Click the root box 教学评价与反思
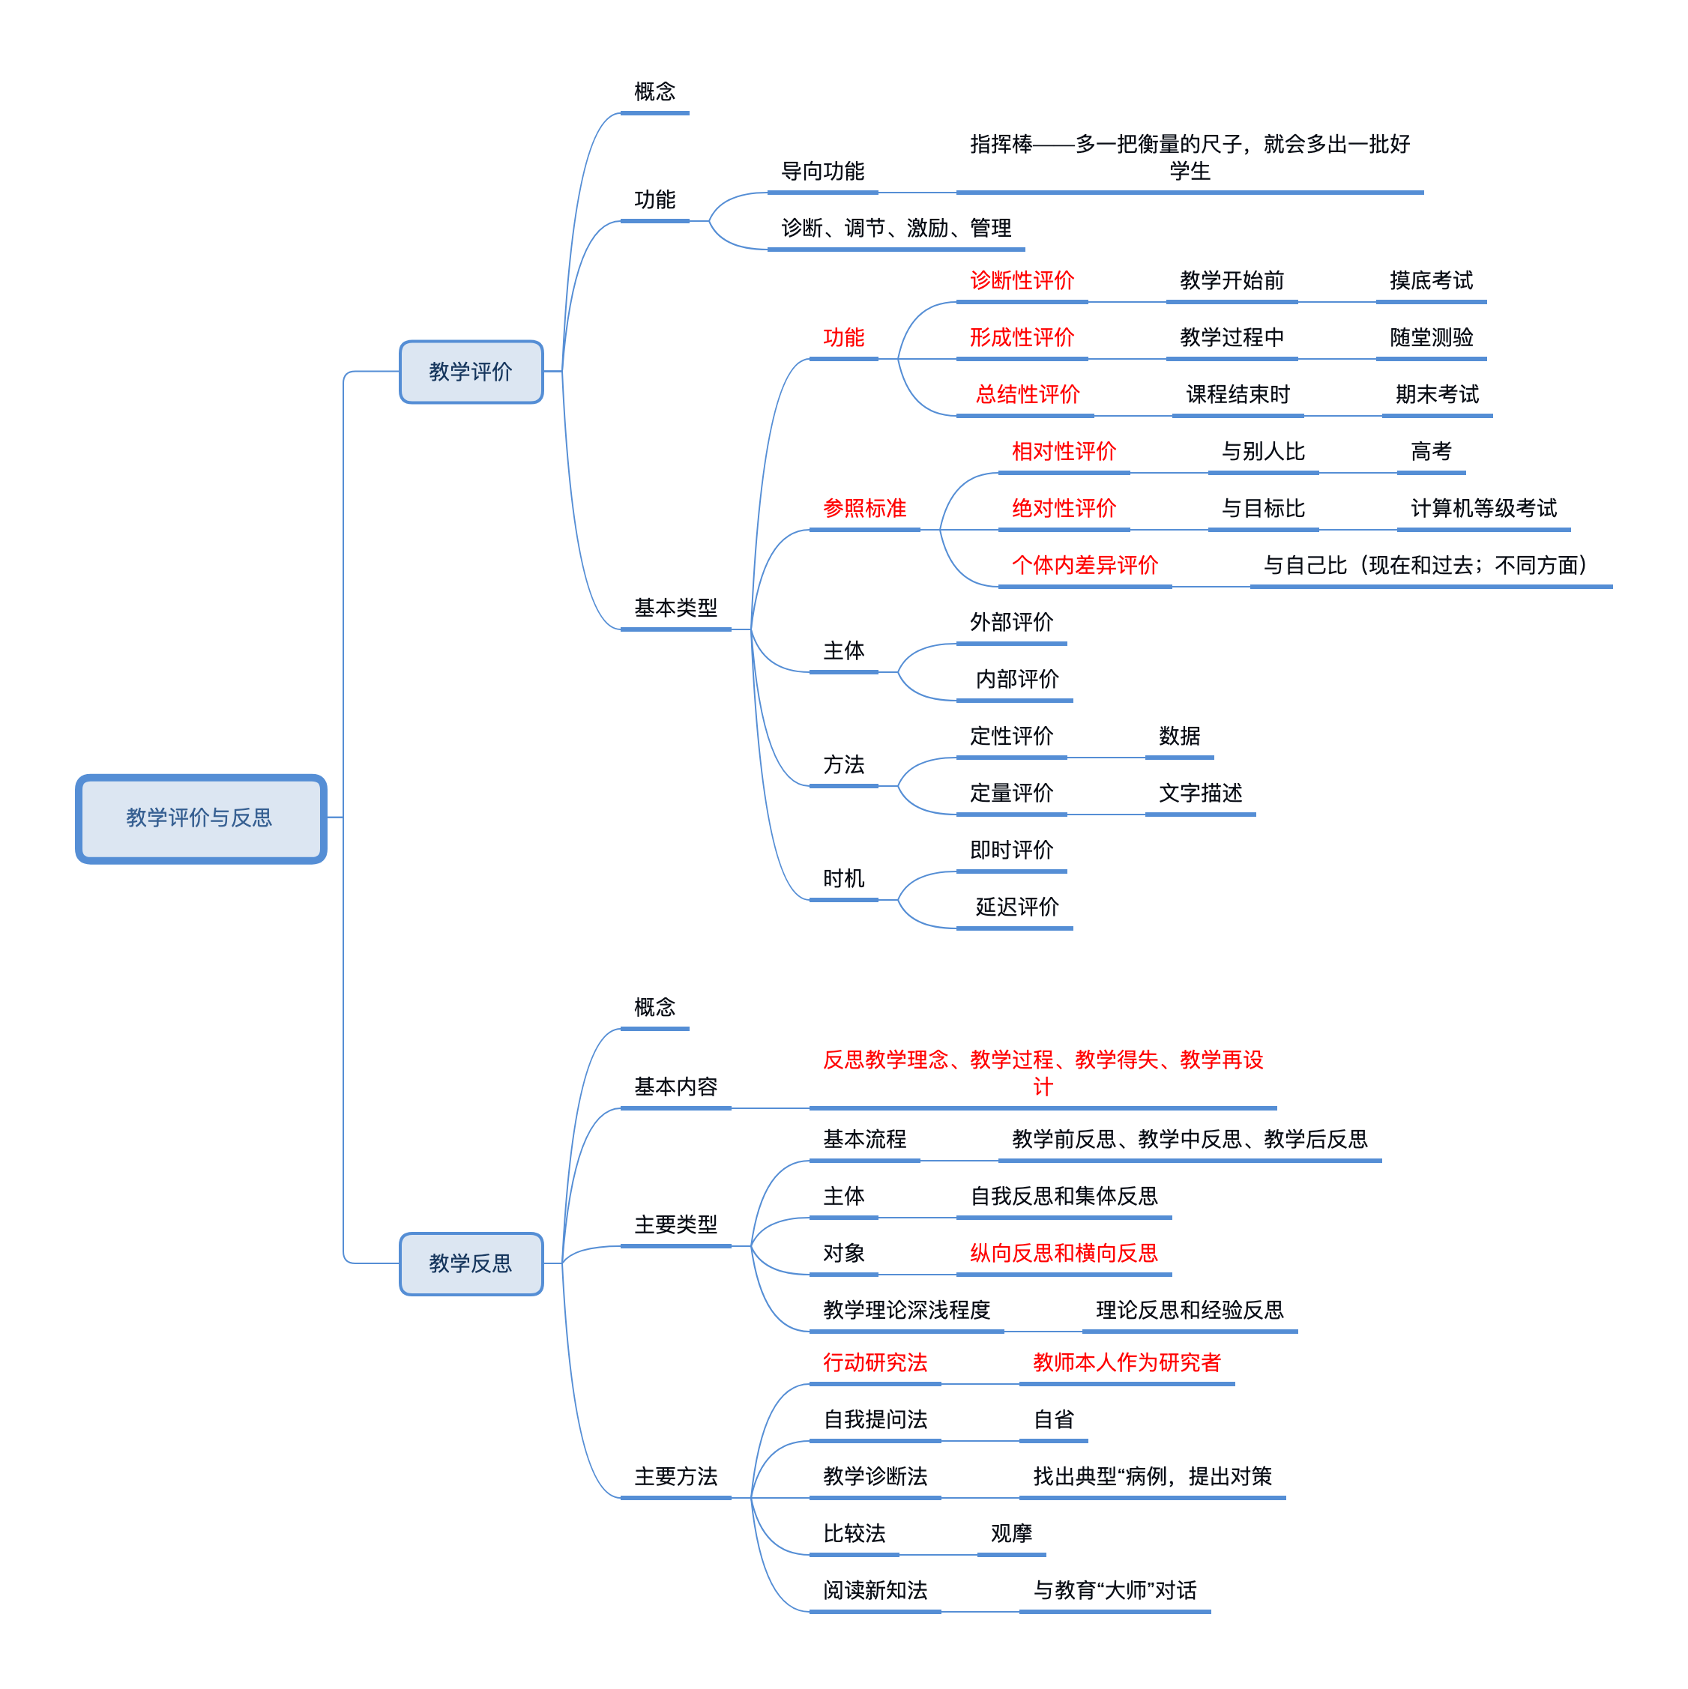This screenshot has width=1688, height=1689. click(x=201, y=818)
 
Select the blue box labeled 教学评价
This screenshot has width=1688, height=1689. click(x=471, y=372)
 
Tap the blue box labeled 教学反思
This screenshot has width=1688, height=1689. click(x=471, y=1263)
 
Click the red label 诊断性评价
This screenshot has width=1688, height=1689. click(x=1022, y=280)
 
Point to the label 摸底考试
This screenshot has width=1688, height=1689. click(x=1431, y=280)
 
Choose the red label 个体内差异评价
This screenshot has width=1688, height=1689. click(x=1085, y=566)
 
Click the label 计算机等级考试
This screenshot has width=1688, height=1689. click(x=1483, y=509)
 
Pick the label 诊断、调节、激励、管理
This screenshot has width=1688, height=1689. click(x=896, y=228)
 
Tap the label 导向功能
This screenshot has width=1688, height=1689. click(x=822, y=172)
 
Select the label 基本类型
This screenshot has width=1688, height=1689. click(x=675, y=608)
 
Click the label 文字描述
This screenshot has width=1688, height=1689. click(x=1200, y=793)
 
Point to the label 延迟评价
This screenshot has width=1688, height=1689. click(x=1016, y=907)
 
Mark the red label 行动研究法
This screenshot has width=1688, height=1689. click(x=875, y=1363)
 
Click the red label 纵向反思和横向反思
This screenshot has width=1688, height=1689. click(x=1064, y=1254)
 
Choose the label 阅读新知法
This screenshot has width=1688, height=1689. click(x=875, y=1590)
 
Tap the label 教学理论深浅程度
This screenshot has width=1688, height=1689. click(x=906, y=1311)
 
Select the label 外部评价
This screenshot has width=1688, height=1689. click(x=1011, y=623)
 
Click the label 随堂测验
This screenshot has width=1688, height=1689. click(x=1431, y=337)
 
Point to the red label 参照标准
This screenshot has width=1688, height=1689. click(x=864, y=509)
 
